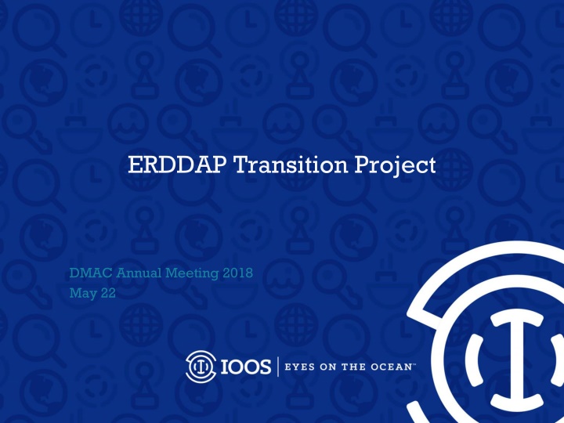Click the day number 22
pos(107,295)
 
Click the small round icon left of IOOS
pos(200,365)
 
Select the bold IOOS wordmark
pos(244,366)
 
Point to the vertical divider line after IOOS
pos(278,366)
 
